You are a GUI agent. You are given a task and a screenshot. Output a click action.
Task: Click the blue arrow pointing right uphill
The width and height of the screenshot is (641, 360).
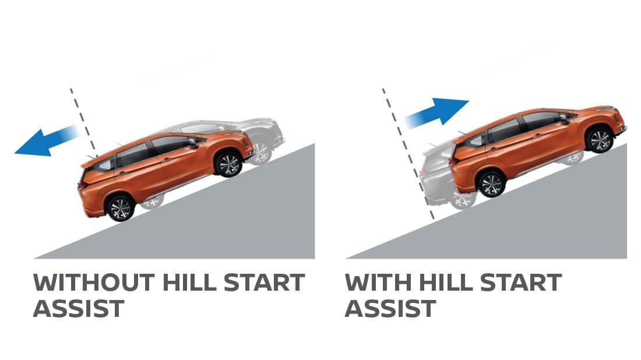click(440, 113)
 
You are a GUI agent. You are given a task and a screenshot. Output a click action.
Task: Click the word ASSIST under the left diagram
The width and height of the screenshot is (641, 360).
click(78, 308)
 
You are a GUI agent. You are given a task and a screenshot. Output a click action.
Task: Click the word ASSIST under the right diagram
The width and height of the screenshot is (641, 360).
click(390, 308)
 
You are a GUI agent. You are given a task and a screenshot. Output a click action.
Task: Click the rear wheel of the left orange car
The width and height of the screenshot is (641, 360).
click(121, 208)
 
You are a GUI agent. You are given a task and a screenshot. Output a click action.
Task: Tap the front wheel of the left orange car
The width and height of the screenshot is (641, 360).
click(228, 164)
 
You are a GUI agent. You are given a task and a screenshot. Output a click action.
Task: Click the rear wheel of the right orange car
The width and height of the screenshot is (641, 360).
click(491, 183)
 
